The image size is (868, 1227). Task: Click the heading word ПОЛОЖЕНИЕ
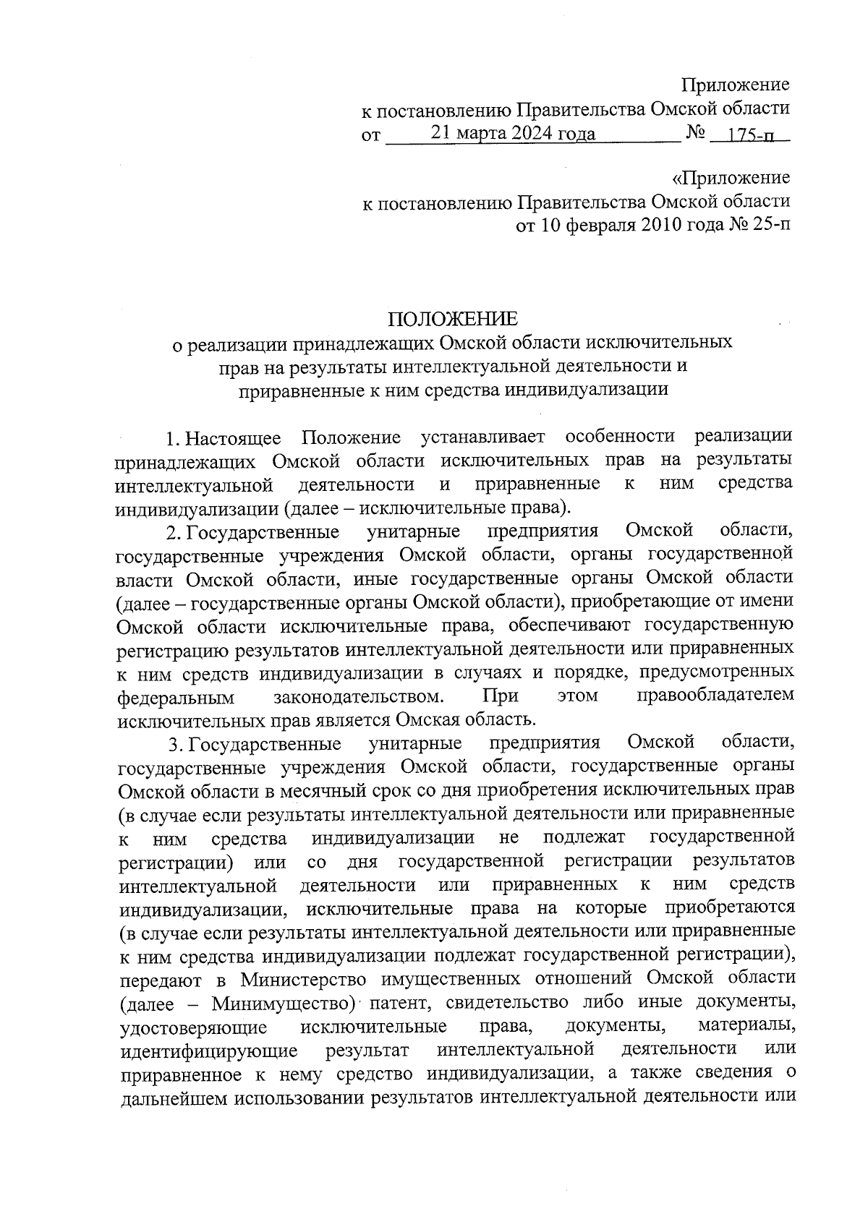click(x=453, y=319)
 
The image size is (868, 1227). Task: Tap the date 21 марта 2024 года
click(x=513, y=133)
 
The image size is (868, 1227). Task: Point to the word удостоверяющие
click(x=195, y=1027)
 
